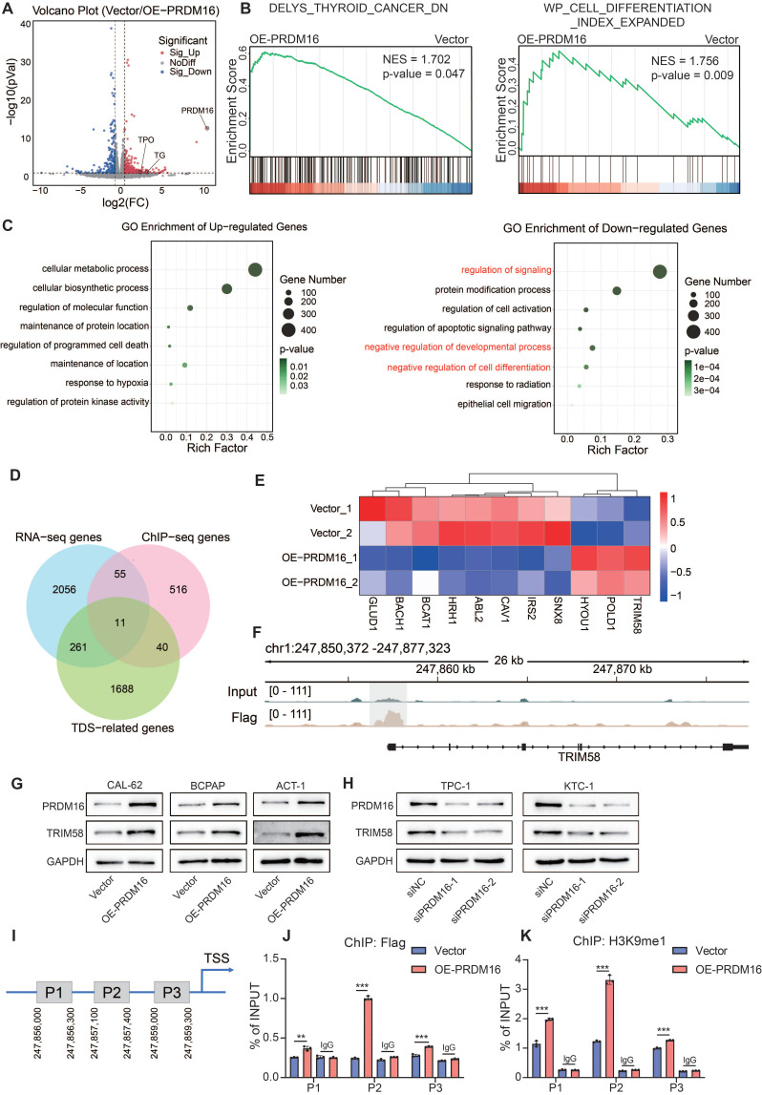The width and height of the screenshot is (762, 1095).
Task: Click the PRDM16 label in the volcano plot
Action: click(x=197, y=111)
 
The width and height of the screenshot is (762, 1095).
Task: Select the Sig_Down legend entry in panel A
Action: click(x=185, y=72)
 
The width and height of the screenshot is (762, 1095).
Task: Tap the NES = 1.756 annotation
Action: click(x=685, y=61)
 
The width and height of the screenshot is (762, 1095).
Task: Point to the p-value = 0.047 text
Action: click(x=423, y=74)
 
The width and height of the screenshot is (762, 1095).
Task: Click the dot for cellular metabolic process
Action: click(x=255, y=269)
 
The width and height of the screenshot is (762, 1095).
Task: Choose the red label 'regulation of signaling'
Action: click(x=506, y=270)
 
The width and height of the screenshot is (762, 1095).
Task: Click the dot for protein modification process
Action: click(x=617, y=290)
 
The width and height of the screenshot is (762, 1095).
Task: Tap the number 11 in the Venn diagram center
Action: click(x=120, y=622)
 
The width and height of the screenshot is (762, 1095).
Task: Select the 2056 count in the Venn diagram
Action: click(x=64, y=589)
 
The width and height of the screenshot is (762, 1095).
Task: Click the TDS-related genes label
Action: click(x=123, y=727)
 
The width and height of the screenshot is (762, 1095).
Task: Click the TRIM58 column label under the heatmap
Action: click(x=636, y=615)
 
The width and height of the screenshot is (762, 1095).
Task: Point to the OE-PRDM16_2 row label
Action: click(x=320, y=581)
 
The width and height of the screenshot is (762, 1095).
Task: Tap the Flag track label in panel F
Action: click(x=243, y=717)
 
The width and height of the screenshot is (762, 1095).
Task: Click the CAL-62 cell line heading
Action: click(x=125, y=785)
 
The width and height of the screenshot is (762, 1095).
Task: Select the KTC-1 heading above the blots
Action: click(x=579, y=786)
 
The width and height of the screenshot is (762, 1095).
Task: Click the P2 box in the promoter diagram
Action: click(x=112, y=992)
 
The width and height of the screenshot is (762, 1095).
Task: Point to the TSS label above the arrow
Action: click(x=217, y=958)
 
